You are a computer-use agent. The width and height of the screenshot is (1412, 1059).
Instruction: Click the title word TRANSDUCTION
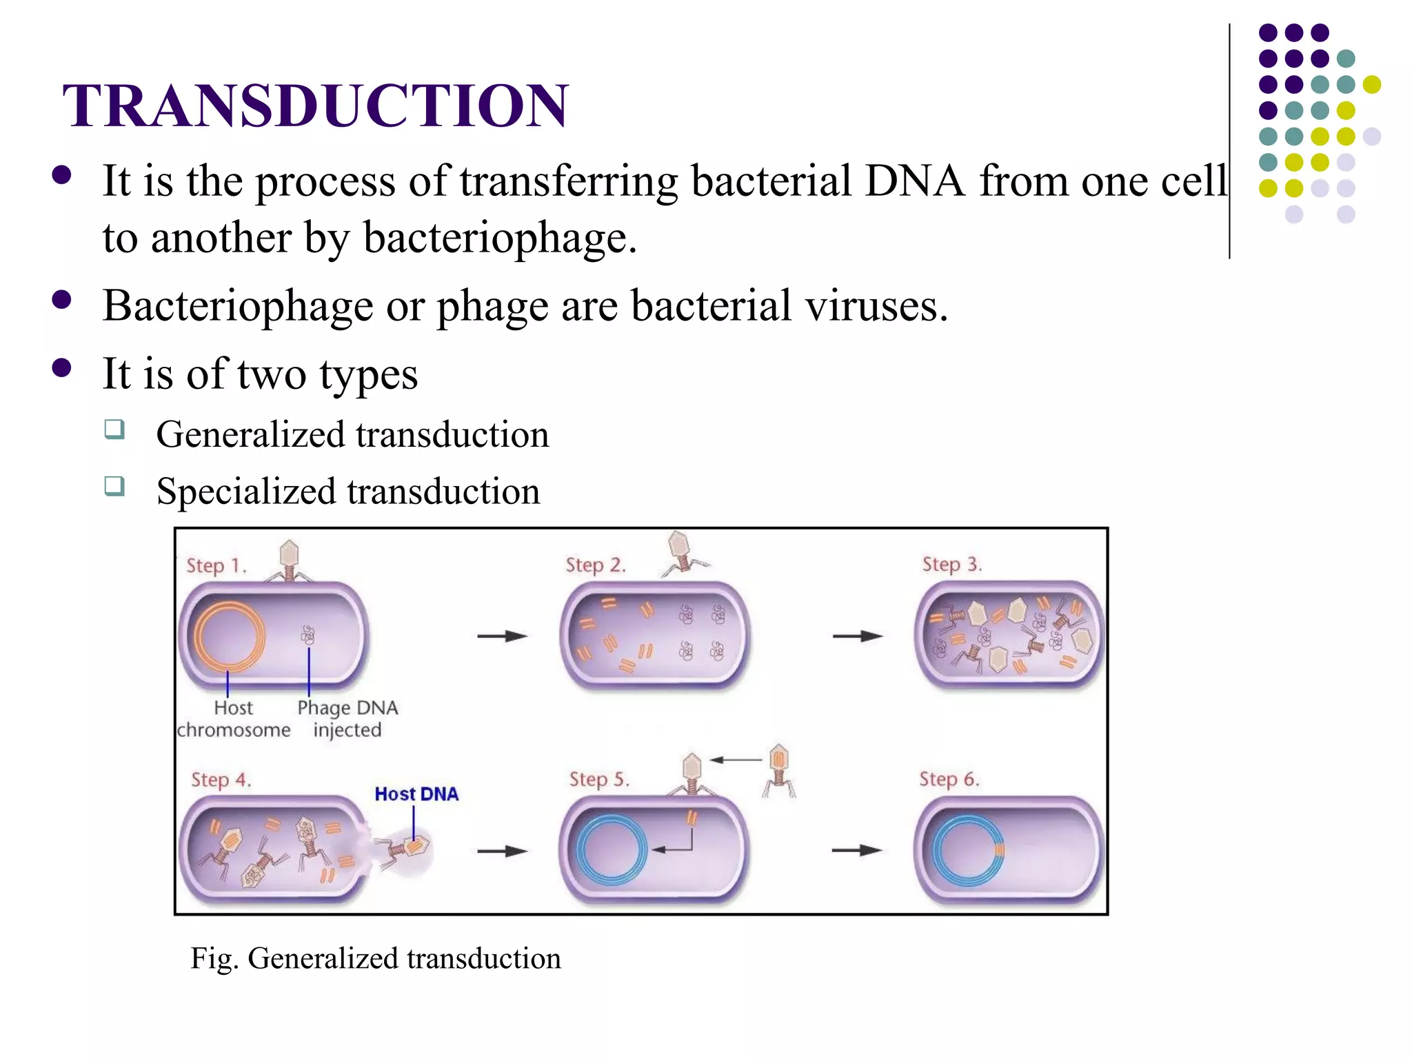pos(315,105)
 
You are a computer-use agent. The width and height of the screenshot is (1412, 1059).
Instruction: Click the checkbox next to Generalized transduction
pos(114,430)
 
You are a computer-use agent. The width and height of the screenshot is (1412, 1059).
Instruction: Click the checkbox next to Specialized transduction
pos(114,486)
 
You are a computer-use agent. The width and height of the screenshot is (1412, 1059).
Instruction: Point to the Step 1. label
pos(216,566)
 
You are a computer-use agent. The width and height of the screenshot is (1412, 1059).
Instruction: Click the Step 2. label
pos(596,565)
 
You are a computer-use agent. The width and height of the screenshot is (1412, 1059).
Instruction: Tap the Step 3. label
pos(951,565)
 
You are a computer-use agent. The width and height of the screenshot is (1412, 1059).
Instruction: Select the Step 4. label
pos(221,780)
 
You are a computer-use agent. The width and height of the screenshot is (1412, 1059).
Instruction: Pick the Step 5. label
pos(599,779)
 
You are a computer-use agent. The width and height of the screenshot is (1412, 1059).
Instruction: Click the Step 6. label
pos(949,779)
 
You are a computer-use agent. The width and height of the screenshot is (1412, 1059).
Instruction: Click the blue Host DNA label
pos(416,794)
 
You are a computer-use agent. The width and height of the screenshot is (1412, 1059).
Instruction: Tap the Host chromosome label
pos(233,718)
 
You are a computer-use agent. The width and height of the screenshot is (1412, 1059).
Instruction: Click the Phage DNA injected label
pos(347,718)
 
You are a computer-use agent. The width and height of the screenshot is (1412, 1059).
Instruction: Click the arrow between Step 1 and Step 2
pos(502,636)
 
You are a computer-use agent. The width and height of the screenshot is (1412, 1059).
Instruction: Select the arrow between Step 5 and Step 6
pos(856,851)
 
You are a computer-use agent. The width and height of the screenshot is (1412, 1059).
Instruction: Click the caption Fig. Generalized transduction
pos(375,958)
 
